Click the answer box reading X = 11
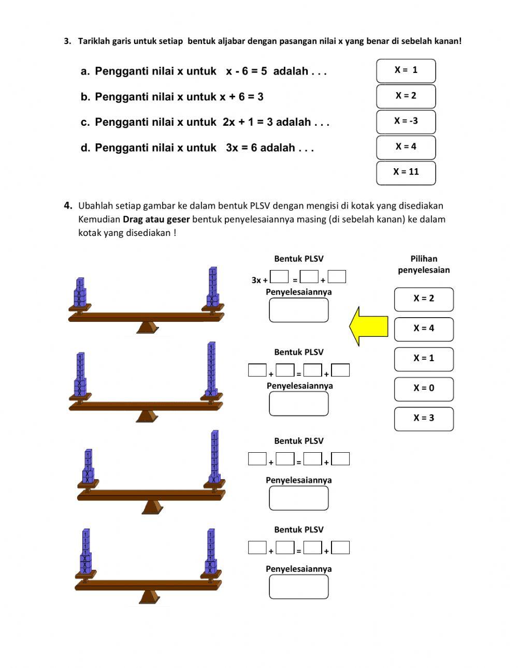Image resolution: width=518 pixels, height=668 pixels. click(x=406, y=172)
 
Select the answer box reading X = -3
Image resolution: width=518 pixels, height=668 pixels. click(x=406, y=122)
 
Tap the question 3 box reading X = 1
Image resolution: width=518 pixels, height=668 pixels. click(x=406, y=70)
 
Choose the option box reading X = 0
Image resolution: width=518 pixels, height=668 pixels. click(x=423, y=389)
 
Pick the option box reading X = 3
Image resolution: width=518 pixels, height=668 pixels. click(x=423, y=418)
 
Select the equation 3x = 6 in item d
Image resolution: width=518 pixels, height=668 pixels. click(x=241, y=148)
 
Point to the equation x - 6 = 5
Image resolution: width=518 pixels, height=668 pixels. click(x=246, y=71)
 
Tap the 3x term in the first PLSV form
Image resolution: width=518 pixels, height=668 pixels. click(x=256, y=280)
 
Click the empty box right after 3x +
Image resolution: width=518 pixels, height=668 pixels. click(x=279, y=277)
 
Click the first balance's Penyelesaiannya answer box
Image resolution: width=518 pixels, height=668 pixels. click(x=298, y=310)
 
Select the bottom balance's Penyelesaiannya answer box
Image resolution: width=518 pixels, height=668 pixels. click(x=298, y=587)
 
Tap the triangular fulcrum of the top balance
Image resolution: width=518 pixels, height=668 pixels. click(x=148, y=328)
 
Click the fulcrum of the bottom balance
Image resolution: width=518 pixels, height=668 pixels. click(x=149, y=597)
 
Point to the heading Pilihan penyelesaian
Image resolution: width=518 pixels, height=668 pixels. click(x=423, y=264)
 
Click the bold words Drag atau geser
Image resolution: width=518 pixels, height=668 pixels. click(x=156, y=219)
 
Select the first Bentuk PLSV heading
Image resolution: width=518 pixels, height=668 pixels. click(x=298, y=259)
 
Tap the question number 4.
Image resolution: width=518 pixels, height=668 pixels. click(x=68, y=205)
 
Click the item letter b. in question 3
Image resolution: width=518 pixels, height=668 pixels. click(x=85, y=97)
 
